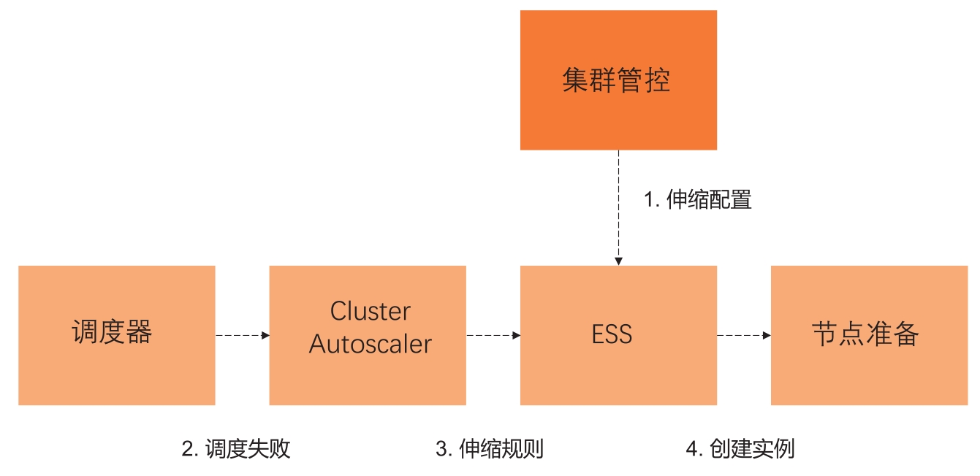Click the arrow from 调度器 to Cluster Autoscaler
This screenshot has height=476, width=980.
pyautogui.click(x=242, y=335)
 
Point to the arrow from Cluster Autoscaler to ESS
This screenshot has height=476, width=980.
pyautogui.click(x=493, y=335)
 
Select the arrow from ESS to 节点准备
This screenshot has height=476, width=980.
pyautogui.click(x=744, y=335)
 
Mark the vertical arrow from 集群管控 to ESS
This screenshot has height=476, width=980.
pyautogui.click(x=618, y=208)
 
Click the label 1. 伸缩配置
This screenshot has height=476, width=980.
pyautogui.click(x=697, y=200)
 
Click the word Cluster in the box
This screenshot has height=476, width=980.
pyautogui.click(x=371, y=312)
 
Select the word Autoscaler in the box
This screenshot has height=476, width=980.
pyautogui.click(x=371, y=344)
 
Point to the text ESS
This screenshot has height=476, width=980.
pyautogui.click(x=612, y=335)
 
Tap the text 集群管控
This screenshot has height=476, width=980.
pyautogui.click(x=616, y=80)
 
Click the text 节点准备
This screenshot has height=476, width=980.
pyautogui.click(x=865, y=334)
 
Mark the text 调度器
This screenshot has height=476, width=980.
pyautogui.click(x=112, y=332)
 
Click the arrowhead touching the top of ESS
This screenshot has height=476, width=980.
pyautogui.click(x=618, y=260)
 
